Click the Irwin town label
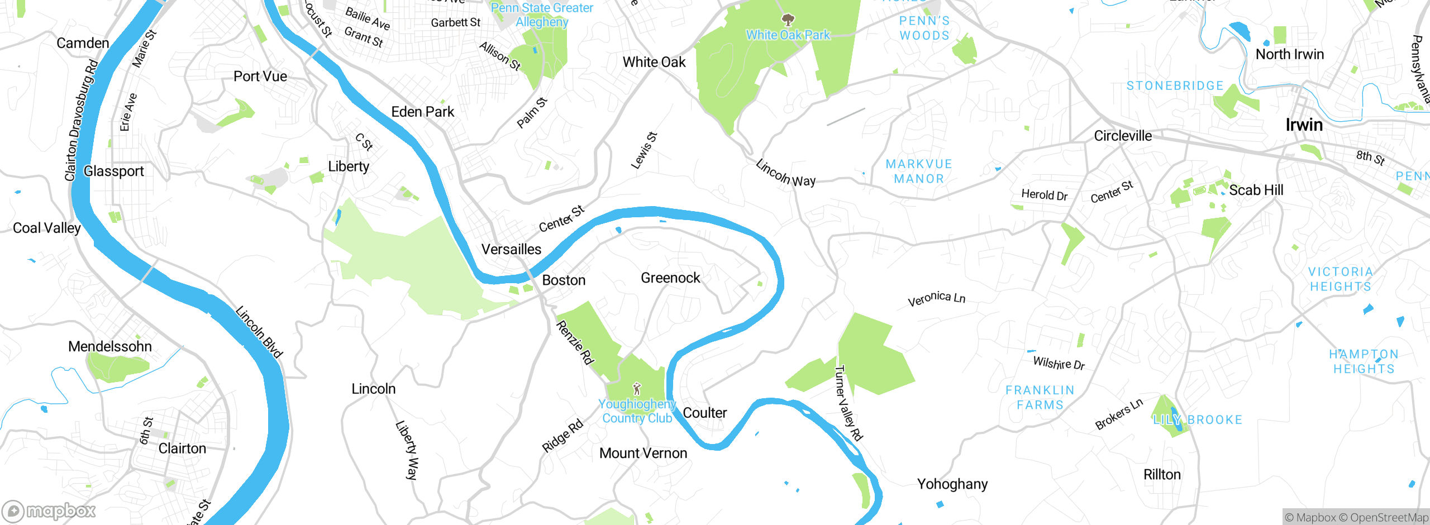1304,125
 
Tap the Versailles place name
511,249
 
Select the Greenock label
670,278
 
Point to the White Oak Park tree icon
788,21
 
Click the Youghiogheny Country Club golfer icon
637,389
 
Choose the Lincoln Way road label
785,173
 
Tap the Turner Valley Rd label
848,403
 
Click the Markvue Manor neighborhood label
918,171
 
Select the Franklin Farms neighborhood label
1040,397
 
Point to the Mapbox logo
49,510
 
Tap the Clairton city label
182,448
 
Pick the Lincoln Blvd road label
259,331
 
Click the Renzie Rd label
575,342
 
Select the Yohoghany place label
952,484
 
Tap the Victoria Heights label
1341,279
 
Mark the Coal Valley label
47,228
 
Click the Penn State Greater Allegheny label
541,15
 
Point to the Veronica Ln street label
936,299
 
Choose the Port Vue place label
260,77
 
